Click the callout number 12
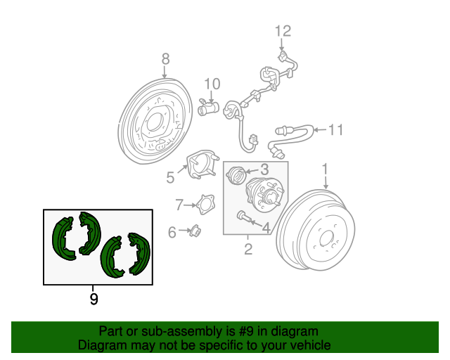(x=283, y=31)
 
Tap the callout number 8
(x=166, y=59)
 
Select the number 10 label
(x=212, y=84)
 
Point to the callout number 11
(x=335, y=130)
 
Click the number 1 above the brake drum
(x=325, y=169)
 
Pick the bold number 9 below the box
(x=94, y=299)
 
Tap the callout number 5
(x=170, y=177)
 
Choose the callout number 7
(x=179, y=205)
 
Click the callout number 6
(x=172, y=232)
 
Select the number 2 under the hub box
(x=248, y=249)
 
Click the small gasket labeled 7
(x=205, y=205)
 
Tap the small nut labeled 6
(x=195, y=231)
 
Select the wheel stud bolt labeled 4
(x=244, y=217)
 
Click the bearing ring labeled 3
(x=236, y=175)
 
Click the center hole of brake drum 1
(x=326, y=239)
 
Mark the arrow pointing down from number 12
(x=281, y=45)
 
